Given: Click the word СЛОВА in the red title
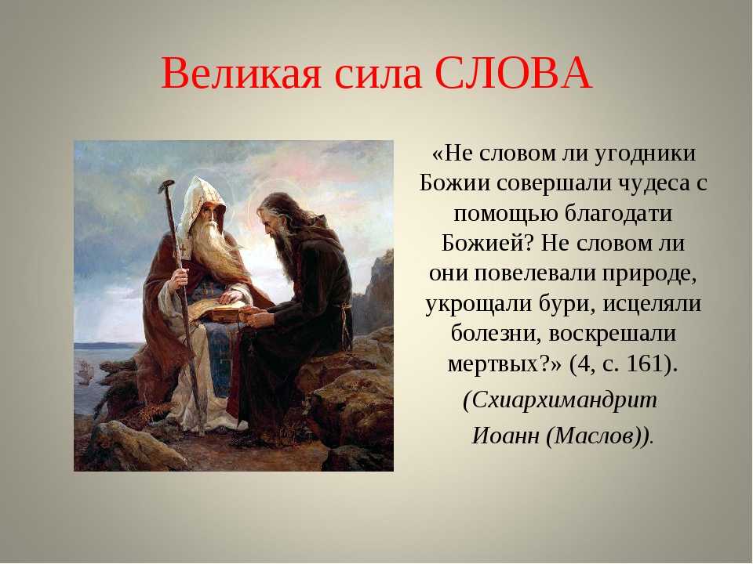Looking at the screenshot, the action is (513, 74).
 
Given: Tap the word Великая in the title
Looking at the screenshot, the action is (241, 74).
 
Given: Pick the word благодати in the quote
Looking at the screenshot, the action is (618, 213).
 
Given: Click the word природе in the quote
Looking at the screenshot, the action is (649, 274).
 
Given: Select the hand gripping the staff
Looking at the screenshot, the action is (180, 277).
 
